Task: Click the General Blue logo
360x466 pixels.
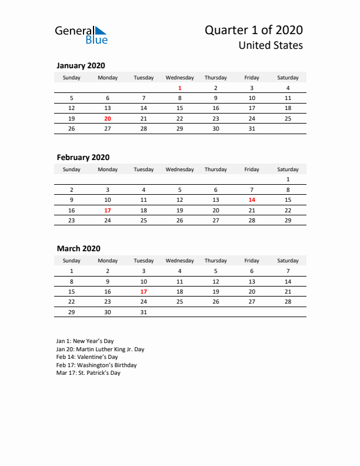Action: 81,35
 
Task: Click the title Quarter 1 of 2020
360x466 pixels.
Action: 255,30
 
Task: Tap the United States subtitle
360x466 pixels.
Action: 271,45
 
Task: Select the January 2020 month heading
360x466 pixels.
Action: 81,66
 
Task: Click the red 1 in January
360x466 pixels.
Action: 179,88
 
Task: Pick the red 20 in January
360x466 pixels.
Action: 108,118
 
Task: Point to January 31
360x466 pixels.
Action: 252,128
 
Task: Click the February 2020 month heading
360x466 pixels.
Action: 83,157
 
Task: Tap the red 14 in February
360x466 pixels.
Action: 252,200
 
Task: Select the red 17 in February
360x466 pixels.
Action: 108,210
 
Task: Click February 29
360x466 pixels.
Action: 288,220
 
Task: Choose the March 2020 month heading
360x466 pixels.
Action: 79,249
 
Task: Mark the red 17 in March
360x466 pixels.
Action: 144,291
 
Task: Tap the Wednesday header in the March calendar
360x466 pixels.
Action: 179,261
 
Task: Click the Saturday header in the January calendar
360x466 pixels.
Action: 288,78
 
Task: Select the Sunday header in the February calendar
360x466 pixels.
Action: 72,169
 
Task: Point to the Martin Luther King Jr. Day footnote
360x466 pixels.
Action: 100,349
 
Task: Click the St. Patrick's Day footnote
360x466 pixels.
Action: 88,373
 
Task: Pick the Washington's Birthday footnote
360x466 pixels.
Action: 96,365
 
